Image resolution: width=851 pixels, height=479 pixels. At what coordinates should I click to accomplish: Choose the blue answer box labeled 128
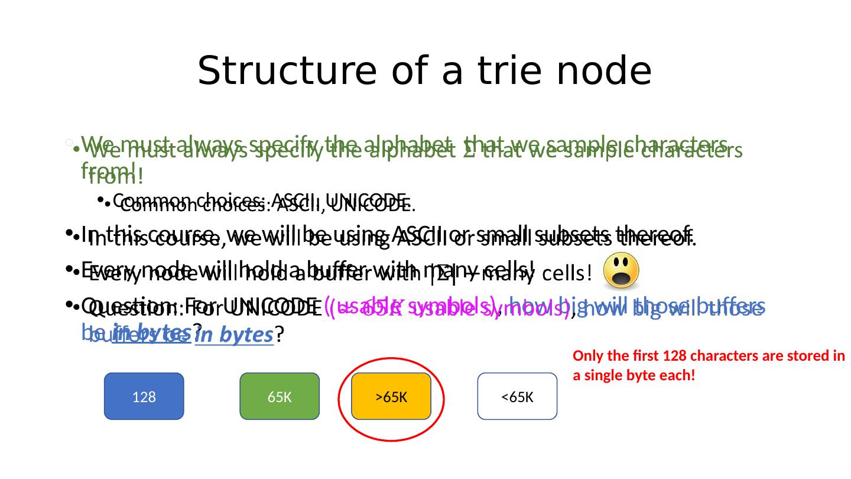tap(144, 397)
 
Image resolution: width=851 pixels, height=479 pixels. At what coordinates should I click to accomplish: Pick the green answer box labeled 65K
tap(279, 397)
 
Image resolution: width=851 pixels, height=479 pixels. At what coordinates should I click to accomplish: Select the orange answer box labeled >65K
tap(391, 397)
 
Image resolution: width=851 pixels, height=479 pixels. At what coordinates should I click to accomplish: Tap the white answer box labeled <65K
tap(517, 397)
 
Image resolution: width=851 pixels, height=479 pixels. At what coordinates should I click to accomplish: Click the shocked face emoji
tap(621, 270)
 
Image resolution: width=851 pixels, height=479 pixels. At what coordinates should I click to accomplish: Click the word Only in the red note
tap(585, 357)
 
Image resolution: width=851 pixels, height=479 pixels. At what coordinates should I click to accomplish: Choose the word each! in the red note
tap(677, 375)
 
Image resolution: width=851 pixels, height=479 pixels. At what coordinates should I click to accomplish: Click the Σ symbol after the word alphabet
tap(468, 152)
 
